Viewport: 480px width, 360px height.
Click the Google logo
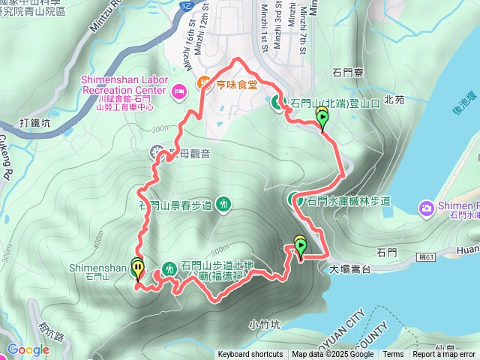pos(28,349)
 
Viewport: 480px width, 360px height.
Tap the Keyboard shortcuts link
pos(250,355)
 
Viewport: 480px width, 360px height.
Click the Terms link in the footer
pos(393,355)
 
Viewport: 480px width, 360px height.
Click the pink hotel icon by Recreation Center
pos(179,91)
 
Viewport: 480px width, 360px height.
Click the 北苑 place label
pos(394,98)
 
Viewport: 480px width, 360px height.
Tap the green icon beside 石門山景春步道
pos(223,203)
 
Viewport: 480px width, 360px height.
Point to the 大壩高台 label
pos(349,266)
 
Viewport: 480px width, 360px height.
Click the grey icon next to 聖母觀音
pos(156,153)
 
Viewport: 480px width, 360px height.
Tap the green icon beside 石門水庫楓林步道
pos(295,199)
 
